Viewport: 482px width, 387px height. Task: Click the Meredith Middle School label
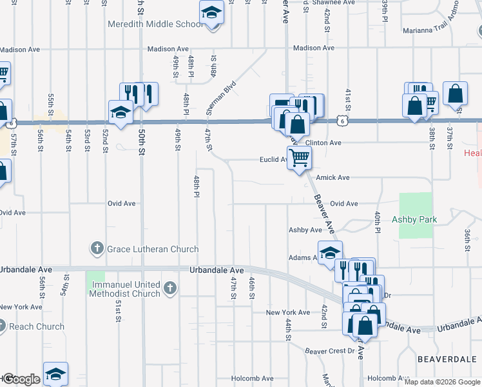coord(154,24)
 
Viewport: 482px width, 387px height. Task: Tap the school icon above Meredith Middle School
coord(211,13)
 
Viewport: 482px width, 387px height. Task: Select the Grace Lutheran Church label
coord(153,249)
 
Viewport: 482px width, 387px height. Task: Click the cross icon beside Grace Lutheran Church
coord(97,248)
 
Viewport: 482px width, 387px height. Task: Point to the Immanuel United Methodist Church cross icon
coord(169,288)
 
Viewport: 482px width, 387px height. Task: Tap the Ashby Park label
coord(414,219)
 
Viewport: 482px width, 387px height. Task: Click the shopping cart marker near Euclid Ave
coord(299,157)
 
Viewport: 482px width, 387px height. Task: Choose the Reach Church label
coord(37,326)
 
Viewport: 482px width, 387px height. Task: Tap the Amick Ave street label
coord(335,177)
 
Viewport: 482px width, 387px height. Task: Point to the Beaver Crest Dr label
coord(329,351)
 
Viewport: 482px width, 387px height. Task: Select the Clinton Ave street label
coord(323,143)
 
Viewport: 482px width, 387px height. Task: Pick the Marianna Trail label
coord(428,30)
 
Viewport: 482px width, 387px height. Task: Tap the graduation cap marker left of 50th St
coord(120,112)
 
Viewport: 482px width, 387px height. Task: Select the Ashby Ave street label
coord(305,230)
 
